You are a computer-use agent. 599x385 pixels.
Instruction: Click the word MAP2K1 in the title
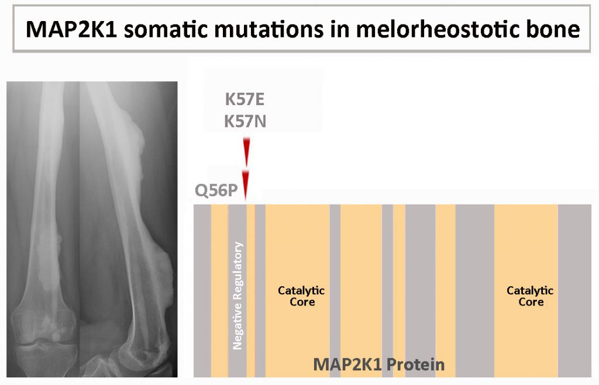(x=71, y=29)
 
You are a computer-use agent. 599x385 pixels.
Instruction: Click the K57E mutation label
(x=245, y=99)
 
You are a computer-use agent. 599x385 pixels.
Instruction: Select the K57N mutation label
(x=245, y=122)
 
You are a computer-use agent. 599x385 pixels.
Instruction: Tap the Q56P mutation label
(x=216, y=190)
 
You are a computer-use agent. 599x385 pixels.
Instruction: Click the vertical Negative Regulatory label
(x=237, y=296)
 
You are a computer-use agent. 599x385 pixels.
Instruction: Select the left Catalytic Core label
(x=301, y=296)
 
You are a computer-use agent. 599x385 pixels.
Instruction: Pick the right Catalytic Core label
(x=530, y=296)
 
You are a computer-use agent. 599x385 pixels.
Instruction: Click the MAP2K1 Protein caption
(x=379, y=365)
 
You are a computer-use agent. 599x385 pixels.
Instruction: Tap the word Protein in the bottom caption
(x=416, y=365)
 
